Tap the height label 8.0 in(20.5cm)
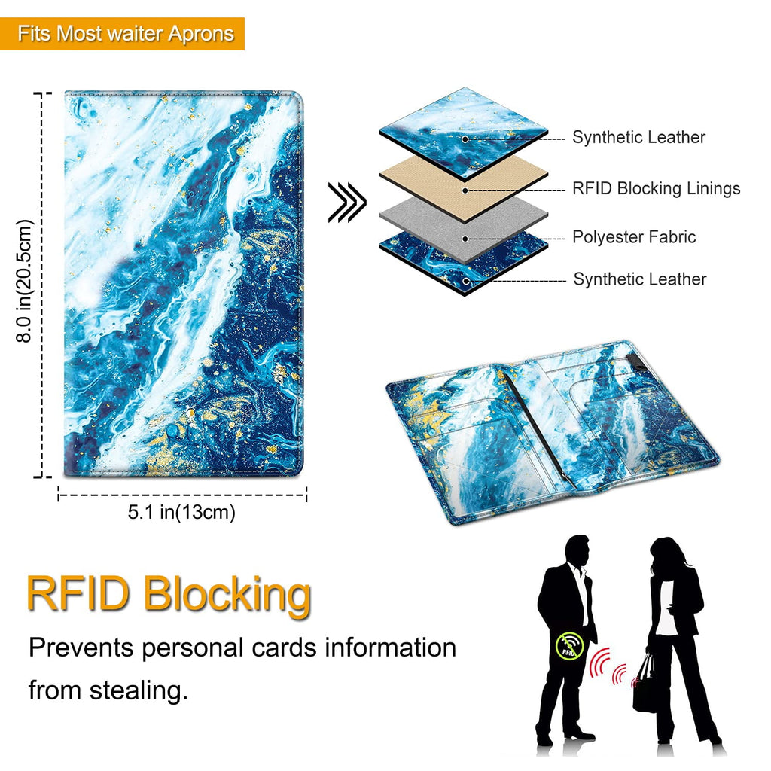point(26,281)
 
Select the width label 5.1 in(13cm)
point(181,513)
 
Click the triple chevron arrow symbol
point(346,203)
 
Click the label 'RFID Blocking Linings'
point(656,188)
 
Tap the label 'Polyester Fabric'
point(634,237)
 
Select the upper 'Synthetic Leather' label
point(638,137)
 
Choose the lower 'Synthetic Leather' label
point(640,279)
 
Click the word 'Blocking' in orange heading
point(227,594)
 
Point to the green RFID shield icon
point(568,645)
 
